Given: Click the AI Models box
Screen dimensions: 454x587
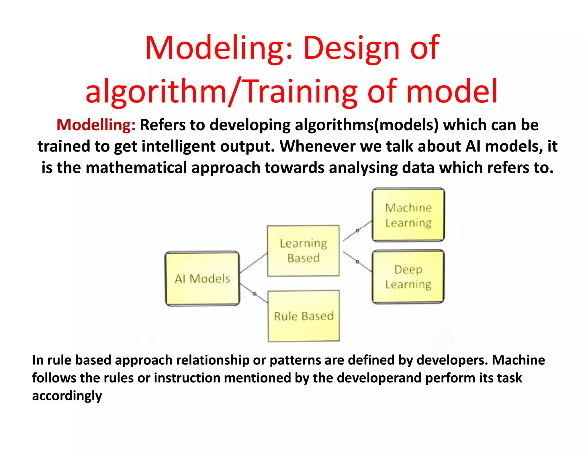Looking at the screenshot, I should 202,278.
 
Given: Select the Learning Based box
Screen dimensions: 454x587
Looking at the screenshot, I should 303,251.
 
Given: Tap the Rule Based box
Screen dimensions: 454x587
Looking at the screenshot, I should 304,316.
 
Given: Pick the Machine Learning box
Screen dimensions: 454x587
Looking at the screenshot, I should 408,215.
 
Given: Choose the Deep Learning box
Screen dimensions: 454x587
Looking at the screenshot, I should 408,277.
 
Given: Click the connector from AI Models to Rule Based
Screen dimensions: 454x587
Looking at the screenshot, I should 254,294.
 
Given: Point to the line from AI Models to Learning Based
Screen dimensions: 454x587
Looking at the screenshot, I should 253,263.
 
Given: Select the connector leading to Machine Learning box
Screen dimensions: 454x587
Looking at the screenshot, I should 357,231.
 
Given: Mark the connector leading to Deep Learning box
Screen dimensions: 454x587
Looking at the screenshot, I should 357,261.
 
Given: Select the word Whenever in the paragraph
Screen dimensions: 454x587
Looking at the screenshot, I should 318,146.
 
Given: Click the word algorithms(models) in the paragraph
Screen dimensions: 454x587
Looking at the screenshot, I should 367,125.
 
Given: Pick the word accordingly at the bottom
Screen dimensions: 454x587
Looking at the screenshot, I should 67,396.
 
